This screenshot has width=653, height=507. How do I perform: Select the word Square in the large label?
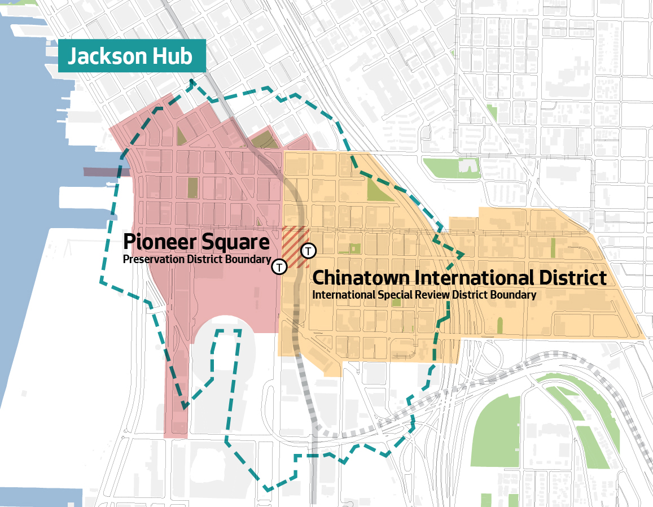[x=236, y=242]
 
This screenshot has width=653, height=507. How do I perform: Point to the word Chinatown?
[x=361, y=278]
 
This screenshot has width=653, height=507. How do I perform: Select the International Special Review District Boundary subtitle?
[x=424, y=295]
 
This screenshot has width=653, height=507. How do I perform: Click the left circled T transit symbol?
[x=279, y=266]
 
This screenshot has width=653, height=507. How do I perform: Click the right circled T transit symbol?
[x=309, y=251]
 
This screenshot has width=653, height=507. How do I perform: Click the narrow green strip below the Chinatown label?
[x=499, y=325]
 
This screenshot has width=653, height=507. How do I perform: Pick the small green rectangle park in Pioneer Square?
[x=192, y=187]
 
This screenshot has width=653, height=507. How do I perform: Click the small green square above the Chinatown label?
[x=354, y=248]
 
